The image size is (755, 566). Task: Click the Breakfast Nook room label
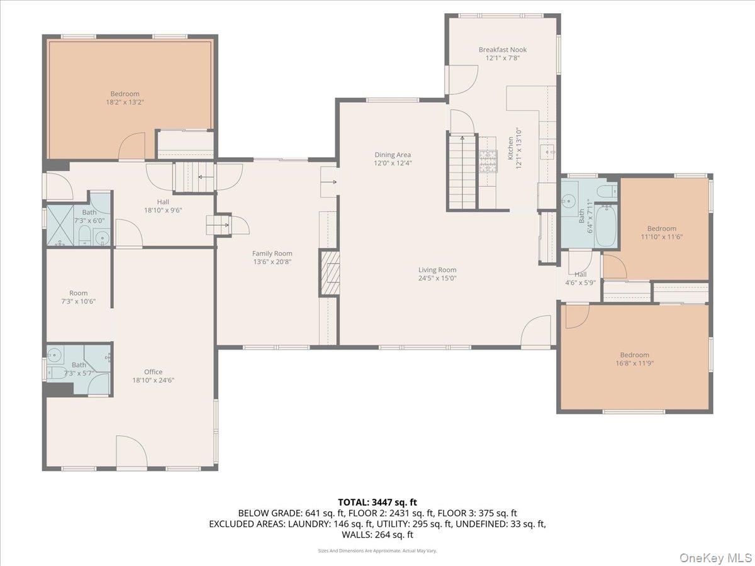pyautogui.click(x=502, y=50)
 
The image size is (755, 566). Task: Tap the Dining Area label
pyautogui.click(x=393, y=155)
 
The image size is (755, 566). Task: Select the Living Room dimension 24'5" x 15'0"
pyautogui.click(x=437, y=278)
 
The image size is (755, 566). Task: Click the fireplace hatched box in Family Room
pyautogui.click(x=329, y=272)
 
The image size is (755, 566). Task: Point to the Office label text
pyautogui.click(x=153, y=372)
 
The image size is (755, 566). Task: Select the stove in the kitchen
pyautogui.click(x=488, y=161)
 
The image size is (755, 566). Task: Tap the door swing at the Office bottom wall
pyautogui.click(x=131, y=453)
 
